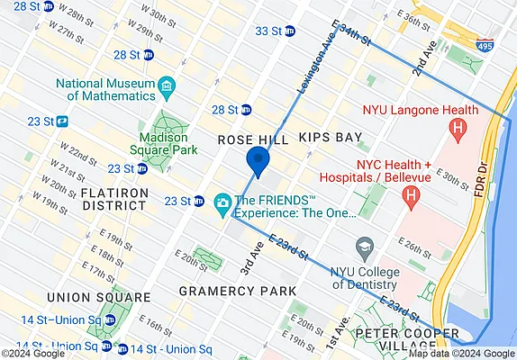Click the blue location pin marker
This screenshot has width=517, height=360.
(258, 162)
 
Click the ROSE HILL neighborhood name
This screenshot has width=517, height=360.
(253, 140)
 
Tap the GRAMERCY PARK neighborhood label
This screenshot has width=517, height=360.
(237, 291)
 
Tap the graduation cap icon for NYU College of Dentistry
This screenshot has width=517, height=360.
(364, 246)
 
